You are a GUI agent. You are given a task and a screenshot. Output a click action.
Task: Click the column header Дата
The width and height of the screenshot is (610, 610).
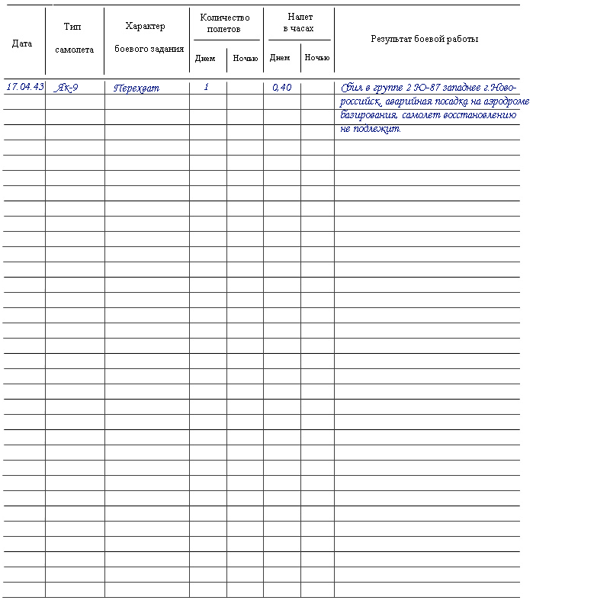pos(22,43)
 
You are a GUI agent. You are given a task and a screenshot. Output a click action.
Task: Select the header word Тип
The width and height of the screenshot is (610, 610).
pos(74,27)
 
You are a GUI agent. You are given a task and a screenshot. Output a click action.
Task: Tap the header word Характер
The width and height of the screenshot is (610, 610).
pos(145,27)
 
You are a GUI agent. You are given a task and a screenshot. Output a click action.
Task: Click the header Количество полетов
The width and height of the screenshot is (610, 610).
pos(225,24)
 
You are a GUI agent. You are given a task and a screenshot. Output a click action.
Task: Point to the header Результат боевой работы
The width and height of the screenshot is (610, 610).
pos(425,39)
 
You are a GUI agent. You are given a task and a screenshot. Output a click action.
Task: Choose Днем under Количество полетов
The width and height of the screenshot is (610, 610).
pos(205,58)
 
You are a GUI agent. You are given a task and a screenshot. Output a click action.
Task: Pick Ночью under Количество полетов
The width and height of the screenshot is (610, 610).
pos(245,58)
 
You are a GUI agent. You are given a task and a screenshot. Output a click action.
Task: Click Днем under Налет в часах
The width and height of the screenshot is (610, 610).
pos(280,58)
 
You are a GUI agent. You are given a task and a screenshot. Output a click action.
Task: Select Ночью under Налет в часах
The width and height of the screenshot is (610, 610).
pos(317,58)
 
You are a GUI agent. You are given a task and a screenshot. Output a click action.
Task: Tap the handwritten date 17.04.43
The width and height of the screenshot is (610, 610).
pos(24,87)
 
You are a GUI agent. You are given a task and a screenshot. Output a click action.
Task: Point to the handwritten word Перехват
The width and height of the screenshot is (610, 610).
pos(136,88)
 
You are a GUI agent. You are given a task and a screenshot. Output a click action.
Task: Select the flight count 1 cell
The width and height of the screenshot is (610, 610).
pos(206,88)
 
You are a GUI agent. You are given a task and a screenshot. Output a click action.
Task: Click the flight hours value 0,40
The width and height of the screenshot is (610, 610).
pos(281,88)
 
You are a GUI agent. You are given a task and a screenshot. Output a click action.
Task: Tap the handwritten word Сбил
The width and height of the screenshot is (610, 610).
pos(352,88)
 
